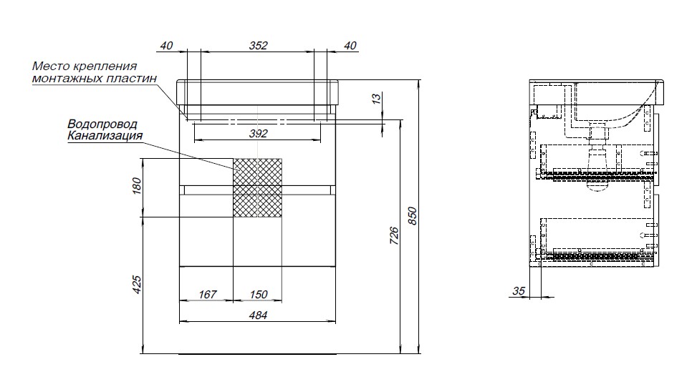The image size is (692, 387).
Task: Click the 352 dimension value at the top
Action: click(258, 45)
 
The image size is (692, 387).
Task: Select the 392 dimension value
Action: click(258, 133)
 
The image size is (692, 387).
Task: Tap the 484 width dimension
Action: click(258, 315)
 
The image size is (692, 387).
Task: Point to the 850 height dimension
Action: click(412, 216)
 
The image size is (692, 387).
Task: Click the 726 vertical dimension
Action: click(394, 236)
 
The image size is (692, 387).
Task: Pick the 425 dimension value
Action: click(137, 285)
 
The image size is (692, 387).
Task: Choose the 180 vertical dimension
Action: click(137, 185)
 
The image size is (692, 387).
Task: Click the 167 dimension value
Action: click(208, 294)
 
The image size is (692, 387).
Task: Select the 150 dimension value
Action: click(259, 294)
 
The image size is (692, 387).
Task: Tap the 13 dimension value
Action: click(376, 99)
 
